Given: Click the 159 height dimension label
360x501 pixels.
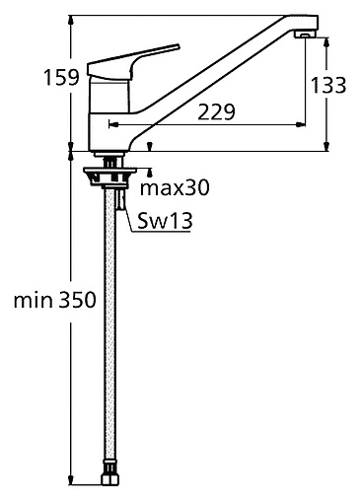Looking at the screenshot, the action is [x=62, y=78].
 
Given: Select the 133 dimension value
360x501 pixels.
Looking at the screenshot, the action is [x=328, y=85].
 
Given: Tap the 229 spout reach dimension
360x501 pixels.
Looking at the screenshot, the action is [x=216, y=111].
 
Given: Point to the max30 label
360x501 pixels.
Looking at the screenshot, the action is [x=175, y=188].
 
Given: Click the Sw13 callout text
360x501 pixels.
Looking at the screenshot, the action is [x=165, y=220].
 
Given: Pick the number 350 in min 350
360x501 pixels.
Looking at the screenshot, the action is [x=78, y=300].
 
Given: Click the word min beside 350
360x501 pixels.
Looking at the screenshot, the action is [x=34, y=300].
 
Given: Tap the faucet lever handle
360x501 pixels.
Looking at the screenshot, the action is [x=133, y=61].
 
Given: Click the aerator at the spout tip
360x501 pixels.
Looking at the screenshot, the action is [x=306, y=35].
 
